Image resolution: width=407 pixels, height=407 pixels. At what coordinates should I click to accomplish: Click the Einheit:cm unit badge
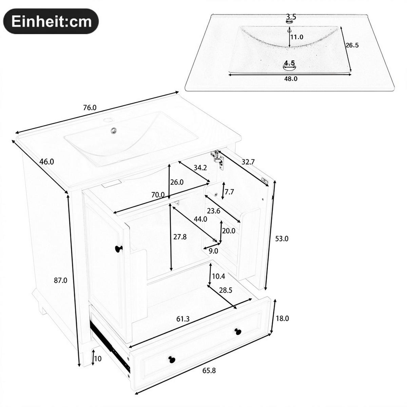coord(51,21)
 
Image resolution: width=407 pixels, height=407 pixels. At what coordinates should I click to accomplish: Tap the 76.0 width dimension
coord(90,108)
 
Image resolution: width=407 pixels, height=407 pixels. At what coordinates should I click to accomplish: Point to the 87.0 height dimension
coord(61,280)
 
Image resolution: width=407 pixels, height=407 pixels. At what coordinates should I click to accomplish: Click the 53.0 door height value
coord(282,239)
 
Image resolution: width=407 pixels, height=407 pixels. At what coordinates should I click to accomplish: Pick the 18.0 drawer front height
coord(282,318)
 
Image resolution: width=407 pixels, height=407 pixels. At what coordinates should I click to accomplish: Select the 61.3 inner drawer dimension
coord(183,319)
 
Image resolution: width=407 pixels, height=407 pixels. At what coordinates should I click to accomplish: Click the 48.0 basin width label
coord(291,79)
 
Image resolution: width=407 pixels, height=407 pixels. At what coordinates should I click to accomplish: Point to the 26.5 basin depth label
coord(352,45)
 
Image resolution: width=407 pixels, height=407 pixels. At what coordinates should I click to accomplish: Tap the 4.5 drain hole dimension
coord(289,63)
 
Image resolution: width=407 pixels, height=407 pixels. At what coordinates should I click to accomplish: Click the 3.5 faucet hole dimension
coord(291,16)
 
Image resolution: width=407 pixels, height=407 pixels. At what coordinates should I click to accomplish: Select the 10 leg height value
coord(98,358)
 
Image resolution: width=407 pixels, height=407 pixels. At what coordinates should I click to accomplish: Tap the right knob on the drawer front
coord(238,331)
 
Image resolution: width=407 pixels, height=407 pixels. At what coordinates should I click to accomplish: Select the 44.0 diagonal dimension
coord(200,219)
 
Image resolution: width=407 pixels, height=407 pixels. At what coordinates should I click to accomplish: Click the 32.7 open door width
coord(248,162)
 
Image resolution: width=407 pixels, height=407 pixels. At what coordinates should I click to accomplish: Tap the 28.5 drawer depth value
coord(226,291)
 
